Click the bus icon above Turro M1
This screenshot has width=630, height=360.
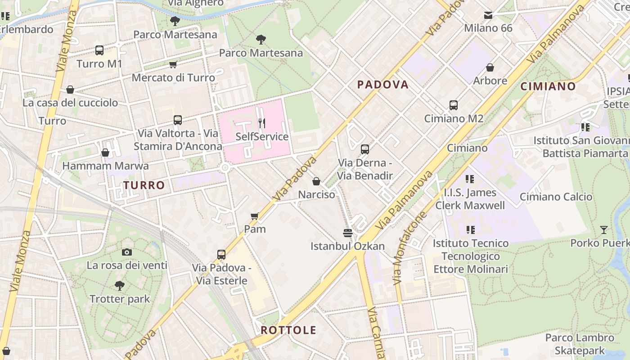click(99, 50)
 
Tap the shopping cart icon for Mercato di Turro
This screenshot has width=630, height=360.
click(173, 65)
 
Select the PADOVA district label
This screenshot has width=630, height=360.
click(383, 85)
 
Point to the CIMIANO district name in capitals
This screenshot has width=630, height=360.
click(548, 86)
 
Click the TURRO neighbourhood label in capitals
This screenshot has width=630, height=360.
click(144, 185)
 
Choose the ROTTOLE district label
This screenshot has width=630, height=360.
click(288, 330)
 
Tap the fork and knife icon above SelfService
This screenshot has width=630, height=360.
click(262, 123)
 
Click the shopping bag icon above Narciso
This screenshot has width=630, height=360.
click(316, 181)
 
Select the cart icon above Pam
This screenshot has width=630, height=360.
click(255, 216)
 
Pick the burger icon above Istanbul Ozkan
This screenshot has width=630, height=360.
click(347, 233)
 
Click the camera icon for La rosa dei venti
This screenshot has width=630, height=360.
click(127, 252)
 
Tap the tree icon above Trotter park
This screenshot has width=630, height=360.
click(120, 285)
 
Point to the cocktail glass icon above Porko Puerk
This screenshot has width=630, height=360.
click(603, 230)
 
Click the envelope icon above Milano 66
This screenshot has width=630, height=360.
click(488, 15)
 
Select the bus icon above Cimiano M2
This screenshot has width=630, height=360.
click(454, 105)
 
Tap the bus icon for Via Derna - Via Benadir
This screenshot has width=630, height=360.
click(365, 149)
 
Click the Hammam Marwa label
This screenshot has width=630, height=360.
click(105, 166)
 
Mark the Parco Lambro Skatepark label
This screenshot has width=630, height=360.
click(580, 344)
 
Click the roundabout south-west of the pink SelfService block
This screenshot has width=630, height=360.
click(225, 168)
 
